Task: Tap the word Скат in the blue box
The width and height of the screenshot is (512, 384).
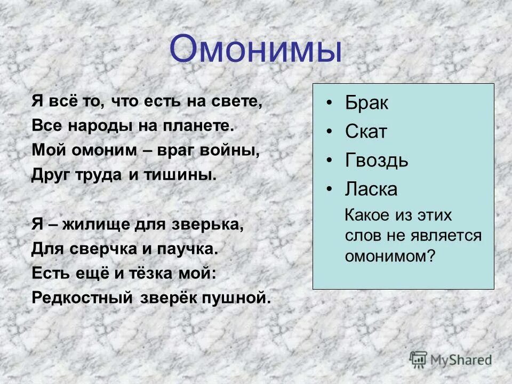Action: (x=365, y=132)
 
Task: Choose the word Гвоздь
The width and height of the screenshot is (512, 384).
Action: (x=377, y=160)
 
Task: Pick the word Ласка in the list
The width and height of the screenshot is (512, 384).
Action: (x=371, y=189)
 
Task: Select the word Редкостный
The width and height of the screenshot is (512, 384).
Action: (x=82, y=297)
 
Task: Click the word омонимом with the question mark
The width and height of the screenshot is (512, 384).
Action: (x=390, y=256)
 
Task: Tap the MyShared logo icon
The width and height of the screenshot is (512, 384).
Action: (x=419, y=359)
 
